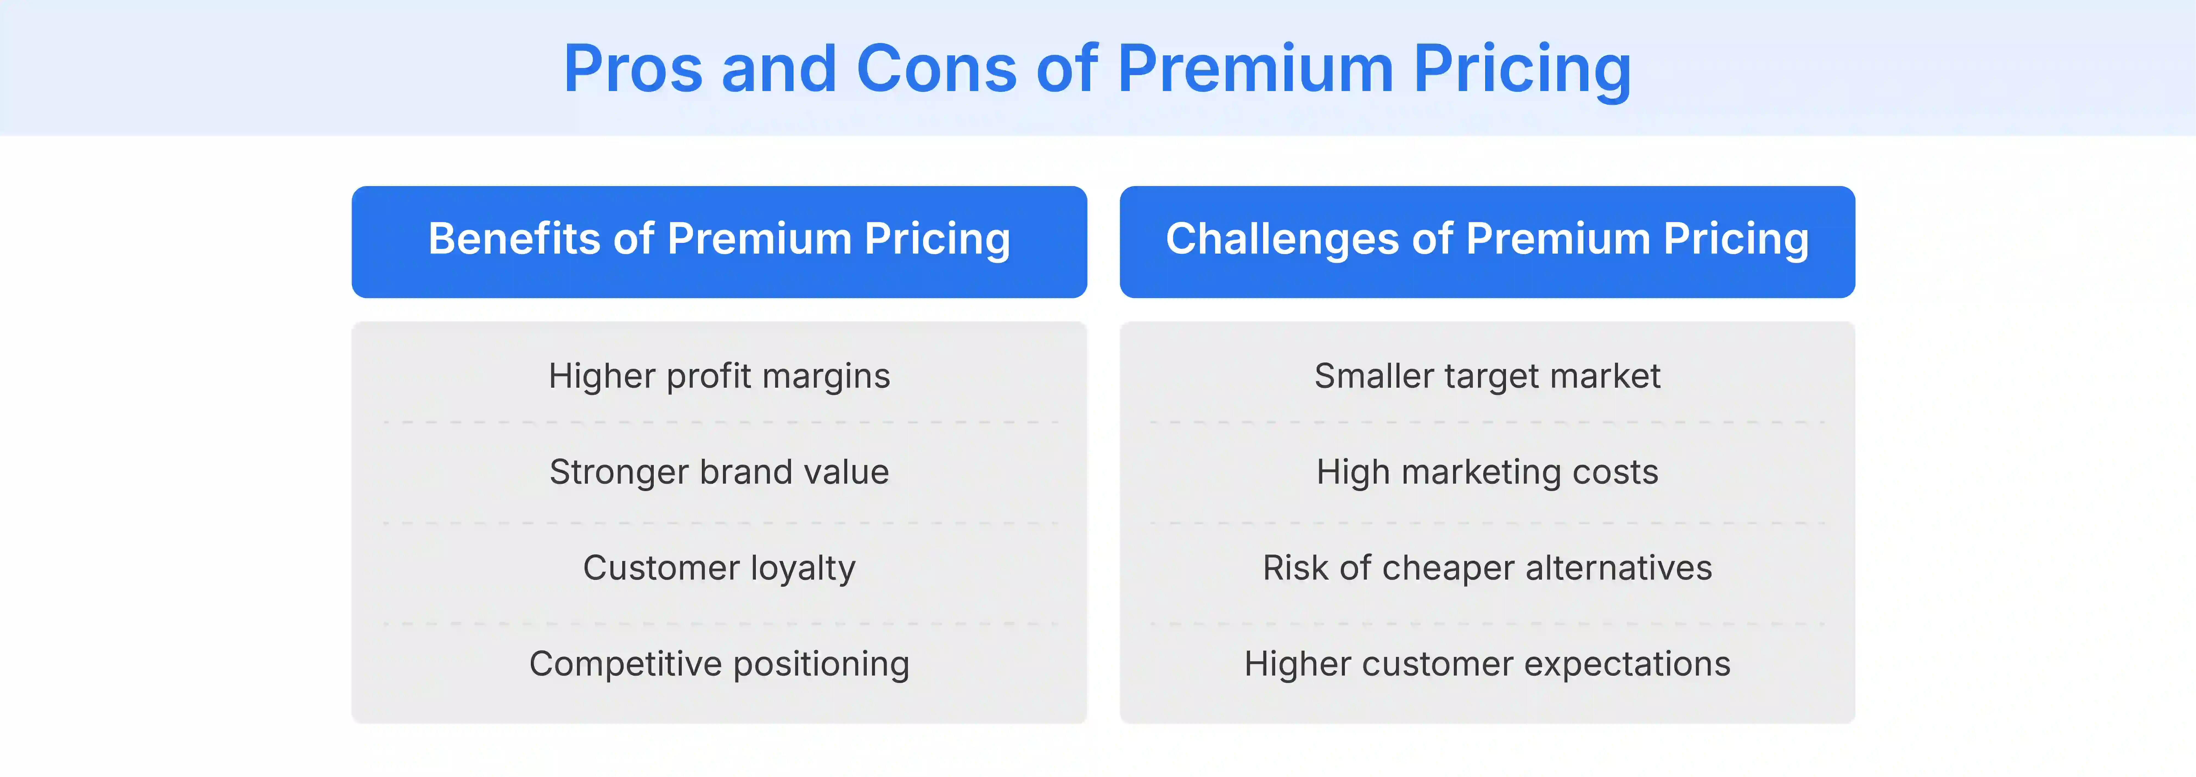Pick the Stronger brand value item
coord(719,472)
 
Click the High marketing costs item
coord(1487,472)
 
